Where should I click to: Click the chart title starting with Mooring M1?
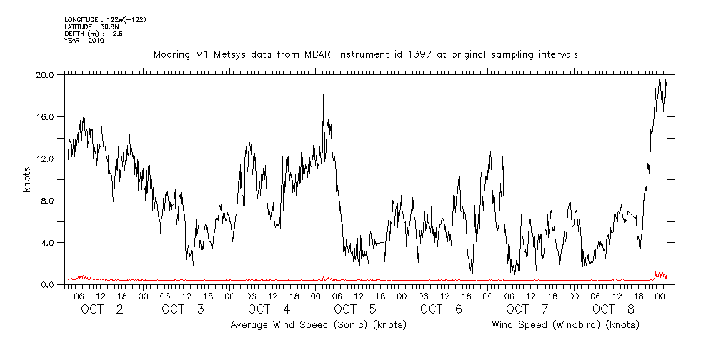tap(365, 54)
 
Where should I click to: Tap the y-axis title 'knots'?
tap(27, 179)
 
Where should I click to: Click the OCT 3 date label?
tap(184, 309)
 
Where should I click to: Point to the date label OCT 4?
tap(269, 309)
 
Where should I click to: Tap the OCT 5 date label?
tap(354, 309)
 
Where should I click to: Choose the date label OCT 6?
tap(440, 309)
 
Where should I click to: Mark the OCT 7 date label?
tap(527, 309)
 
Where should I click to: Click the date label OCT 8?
tap(612, 309)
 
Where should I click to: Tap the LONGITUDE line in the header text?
tap(105, 20)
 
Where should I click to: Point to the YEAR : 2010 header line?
tap(84, 41)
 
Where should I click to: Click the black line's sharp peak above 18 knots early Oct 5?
tap(323, 94)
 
